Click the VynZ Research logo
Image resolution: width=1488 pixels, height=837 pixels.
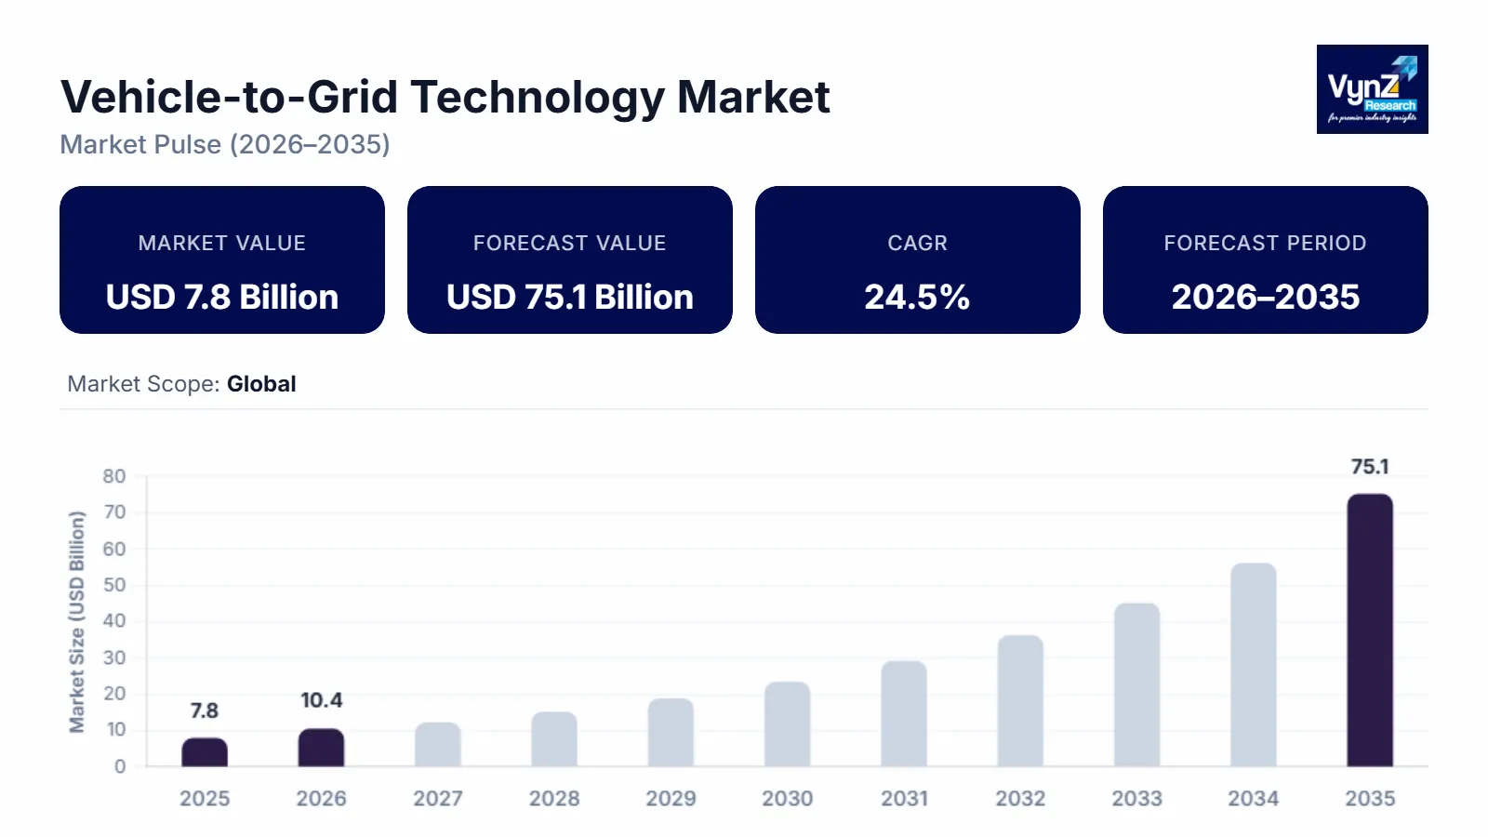pyautogui.click(x=1372, y=89)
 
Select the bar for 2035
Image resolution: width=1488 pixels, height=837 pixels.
pyautogui.click(x=1370, y=631)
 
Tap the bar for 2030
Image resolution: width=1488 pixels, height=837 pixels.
pyautogui.click(x=788, y=724)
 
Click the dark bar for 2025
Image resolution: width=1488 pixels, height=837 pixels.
pyautogui.click(x=205, y=752)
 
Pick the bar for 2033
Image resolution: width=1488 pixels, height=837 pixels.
pyautogui.click(x=1136, y=685)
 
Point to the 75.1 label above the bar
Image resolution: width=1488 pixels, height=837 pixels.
pyautogui.click(x=1370, y=467)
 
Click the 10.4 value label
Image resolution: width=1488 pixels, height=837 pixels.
pyautogui.click(x=321, y=700)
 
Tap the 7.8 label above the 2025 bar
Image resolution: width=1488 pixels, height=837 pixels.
pyautogui.click(x=205, y=711)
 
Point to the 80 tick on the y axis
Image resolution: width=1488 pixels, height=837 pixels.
pyautogui.click(x=114, y=476)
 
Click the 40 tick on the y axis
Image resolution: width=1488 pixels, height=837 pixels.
pyautogui.click(x=114, y=621)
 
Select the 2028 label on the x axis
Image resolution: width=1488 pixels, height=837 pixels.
pyautogui.click(x=554, y=799)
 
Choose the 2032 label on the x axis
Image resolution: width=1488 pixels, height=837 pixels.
pyautogui.click(x=1020, y=799)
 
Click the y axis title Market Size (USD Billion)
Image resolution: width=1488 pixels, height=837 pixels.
pyautogui.click(x=77, y=621)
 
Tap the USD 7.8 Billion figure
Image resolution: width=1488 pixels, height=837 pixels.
pyautogui.click(x=222, y=298)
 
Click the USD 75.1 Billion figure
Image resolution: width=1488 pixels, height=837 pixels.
pyautogui.click(x=569, y=298)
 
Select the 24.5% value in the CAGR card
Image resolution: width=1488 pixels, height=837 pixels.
pyautogui.click(x=917, y=298)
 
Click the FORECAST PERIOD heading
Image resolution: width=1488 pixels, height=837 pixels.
pyautogui.click(x=1265, y=243)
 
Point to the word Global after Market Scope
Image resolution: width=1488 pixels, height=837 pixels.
pyautogui.click(x=261, y=384)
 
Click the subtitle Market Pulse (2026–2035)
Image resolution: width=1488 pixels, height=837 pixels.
pyautogui.click(x=225, y=145)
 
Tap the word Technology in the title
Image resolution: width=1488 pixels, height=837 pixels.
pyautogui.click(x=538, y=98)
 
